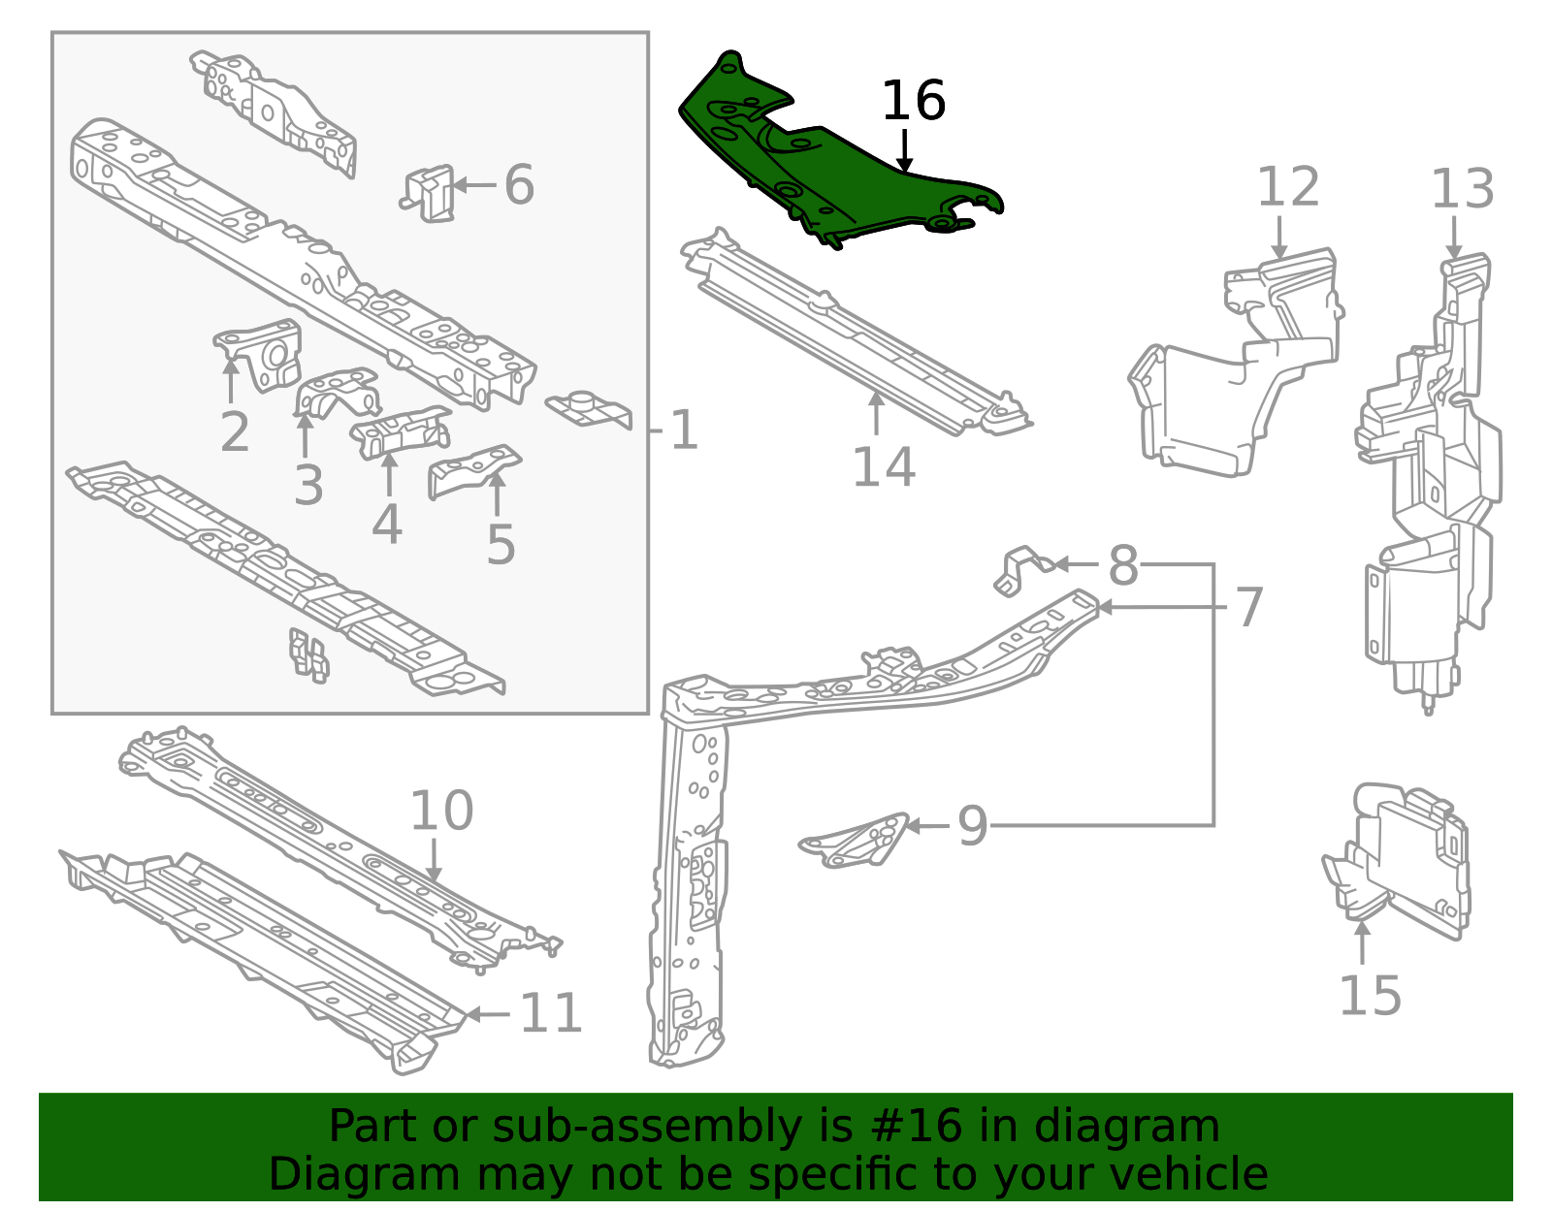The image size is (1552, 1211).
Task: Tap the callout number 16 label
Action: click(913, 102)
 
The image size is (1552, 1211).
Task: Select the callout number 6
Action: click(519, 185)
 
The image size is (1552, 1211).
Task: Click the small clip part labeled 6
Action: click(431, 192)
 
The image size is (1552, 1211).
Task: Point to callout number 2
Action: click(235, 432)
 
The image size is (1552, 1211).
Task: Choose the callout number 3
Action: click(308, 486)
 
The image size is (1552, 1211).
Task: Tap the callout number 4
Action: click(387, 525)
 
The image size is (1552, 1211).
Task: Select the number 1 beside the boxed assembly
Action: click(684, 430)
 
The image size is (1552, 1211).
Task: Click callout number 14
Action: click(883, 467)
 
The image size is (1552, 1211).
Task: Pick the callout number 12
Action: click(1288, 188)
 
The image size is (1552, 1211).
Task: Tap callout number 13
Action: click(1463, 190)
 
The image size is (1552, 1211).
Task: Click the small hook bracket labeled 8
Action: click(1018, 567)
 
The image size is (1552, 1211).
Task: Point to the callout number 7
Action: click(1249, 608)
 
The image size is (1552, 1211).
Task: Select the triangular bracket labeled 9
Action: click(858, 839)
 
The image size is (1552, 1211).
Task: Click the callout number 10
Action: click(441, 811)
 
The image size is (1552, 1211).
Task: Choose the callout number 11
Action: click(551, 1014)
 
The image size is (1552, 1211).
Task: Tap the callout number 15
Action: click(1370, 996)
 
